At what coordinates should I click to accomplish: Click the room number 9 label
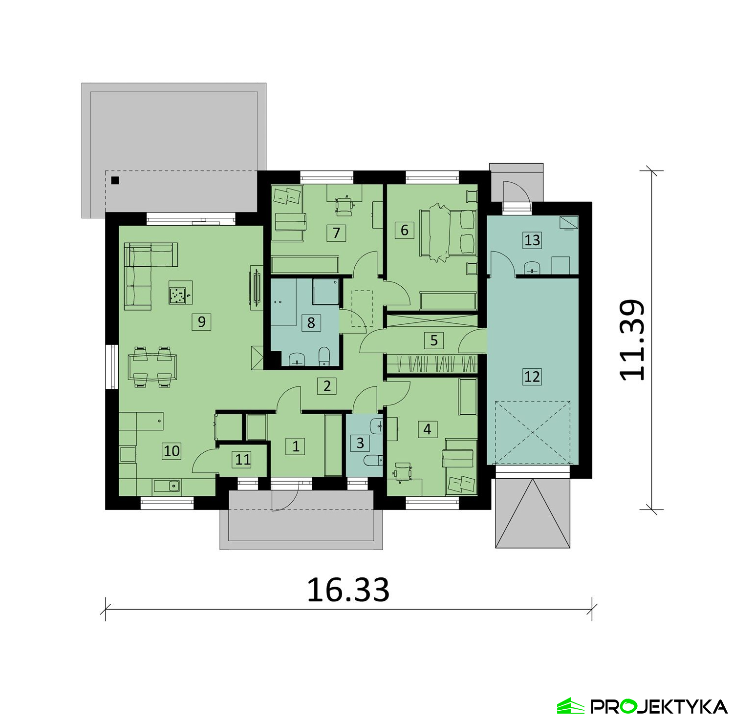pyautogui.click(x=202, y=322)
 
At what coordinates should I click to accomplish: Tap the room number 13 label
pyautogui.click(x=532, y=240)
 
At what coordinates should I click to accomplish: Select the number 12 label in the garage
pyautogui.click(x=532, y=377)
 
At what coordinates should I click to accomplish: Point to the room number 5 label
pyautogui.click(x=434, y=340)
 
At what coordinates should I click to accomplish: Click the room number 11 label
pyautogui.click(x=243, y=459)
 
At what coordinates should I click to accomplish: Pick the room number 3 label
pyautogui.click(x=360, y=443)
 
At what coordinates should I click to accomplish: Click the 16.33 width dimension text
pyautogui.click(x=348, y=590)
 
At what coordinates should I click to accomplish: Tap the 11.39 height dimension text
pyautogui.click(x=632, y=340)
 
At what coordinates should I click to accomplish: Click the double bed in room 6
pyautogui.click(x=448, y=233)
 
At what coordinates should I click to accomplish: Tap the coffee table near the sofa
pyautogui.click(x=180, y=293)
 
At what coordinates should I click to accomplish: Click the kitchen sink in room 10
pyautogui.click(x=167, y=486)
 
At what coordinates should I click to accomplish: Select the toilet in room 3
pyautogui.click(x=373, y=461)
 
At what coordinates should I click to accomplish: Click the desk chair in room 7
pyautogui.click(x=345, y=205)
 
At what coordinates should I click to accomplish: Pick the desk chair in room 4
pyautogui.click(x=403, y=472)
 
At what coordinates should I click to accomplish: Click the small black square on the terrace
pyautogui.click(x=115, y=180)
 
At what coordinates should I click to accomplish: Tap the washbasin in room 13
pyautogui.click(x=531, y=268)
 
